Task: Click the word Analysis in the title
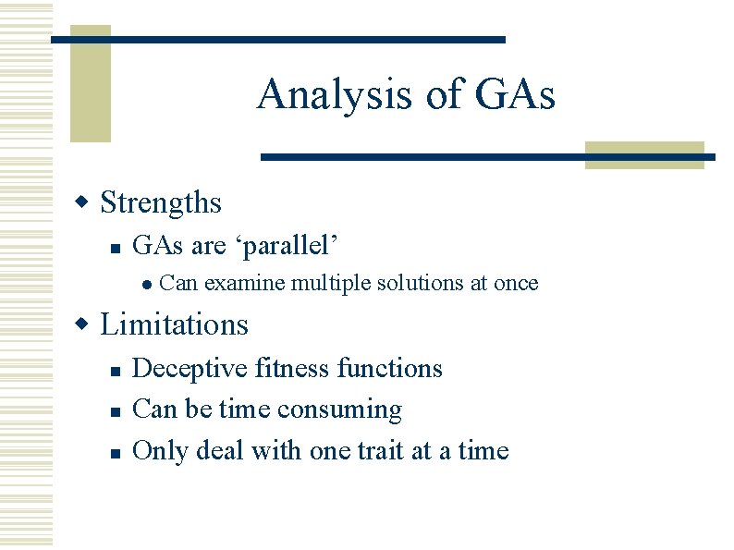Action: pos(333,94)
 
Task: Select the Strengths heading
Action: pos(161,202)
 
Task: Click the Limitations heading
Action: pos(174,324)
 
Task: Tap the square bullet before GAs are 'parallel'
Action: pos(113,248)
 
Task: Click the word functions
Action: pos(390,369)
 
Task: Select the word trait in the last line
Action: pos(386,451)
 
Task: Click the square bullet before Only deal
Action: pos(113,453)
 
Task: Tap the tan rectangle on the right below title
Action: pos(644,155)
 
